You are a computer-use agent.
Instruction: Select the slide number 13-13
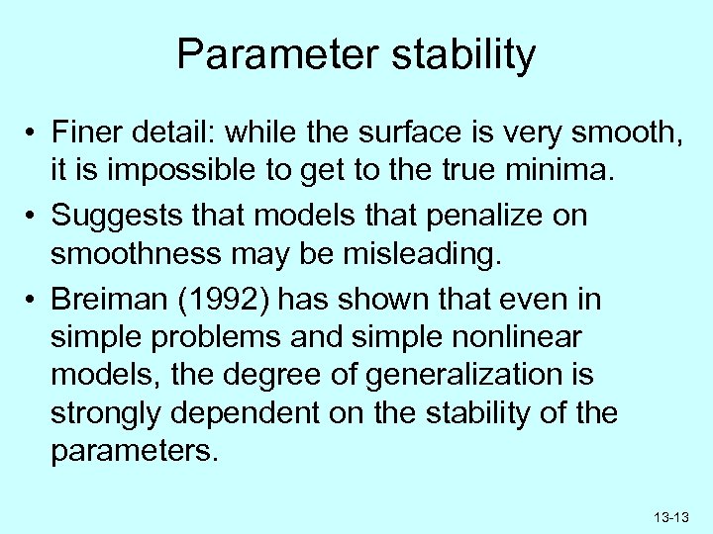pyautogui.click(x=670, y=516)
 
